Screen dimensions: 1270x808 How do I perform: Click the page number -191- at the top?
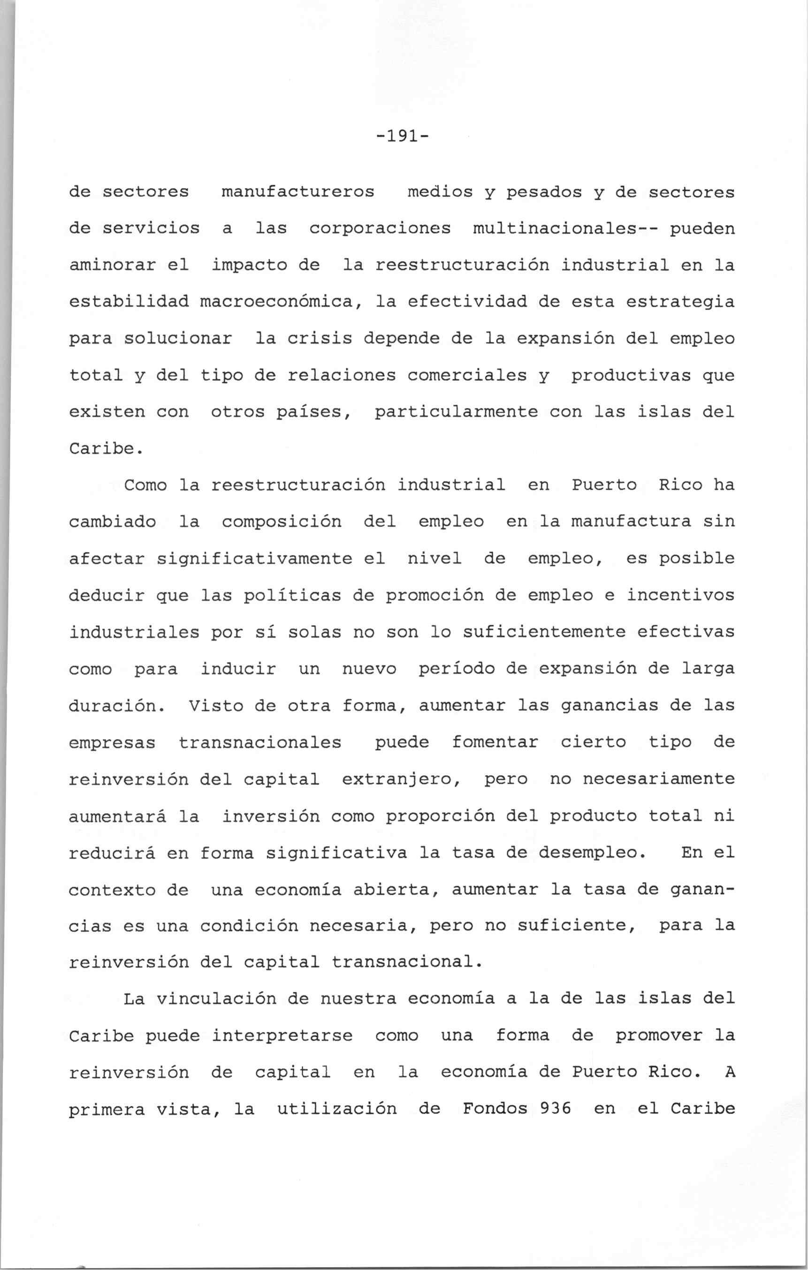tap(403, 137)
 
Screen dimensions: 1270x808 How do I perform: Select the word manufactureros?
tap(297, 192)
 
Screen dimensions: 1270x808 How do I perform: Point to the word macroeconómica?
tap(277, 302)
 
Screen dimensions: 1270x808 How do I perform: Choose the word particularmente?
tap(456, 412)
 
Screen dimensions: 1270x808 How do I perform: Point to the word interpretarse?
tap(282, 1036)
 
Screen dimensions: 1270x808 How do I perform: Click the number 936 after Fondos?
tap(555, 1109)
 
